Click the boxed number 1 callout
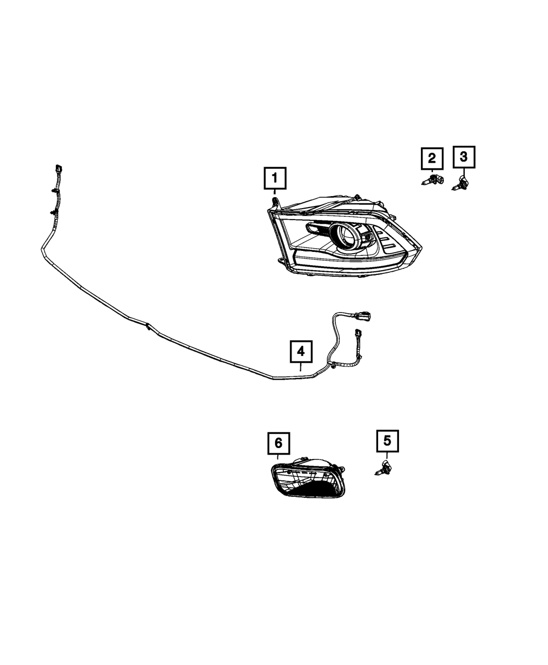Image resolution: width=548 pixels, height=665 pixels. point(275,178)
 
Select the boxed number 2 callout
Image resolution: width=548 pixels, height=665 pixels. point(432,159)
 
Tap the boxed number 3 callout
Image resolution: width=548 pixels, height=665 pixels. point(464,157)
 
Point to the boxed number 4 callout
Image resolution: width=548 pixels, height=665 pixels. point(301,352)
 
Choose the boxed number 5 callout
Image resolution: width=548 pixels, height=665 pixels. point(387,441)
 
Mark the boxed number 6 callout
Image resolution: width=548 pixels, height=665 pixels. point(278,443)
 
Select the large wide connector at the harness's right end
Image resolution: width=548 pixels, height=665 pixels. point(362,316)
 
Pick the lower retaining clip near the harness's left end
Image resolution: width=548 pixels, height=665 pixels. point(54,211)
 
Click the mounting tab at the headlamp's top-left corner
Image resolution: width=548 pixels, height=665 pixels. point(274,201)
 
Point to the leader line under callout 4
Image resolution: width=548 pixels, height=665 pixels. point(301,368)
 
